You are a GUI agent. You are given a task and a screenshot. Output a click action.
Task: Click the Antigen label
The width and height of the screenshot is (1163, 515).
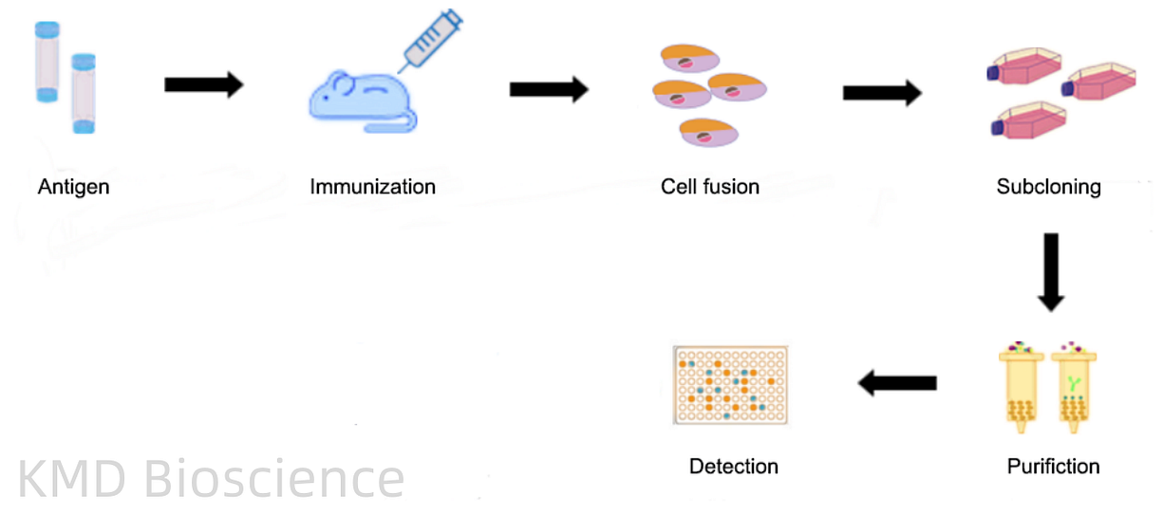[x=73, y=187]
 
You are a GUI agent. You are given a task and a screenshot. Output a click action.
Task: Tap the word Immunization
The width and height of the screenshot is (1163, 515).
[x=372, y=187]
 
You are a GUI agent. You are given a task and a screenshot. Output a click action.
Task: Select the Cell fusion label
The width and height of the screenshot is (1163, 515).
[x=710, y=187]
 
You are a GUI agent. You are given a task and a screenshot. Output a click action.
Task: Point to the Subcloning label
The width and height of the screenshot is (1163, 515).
[x=1048, y=187]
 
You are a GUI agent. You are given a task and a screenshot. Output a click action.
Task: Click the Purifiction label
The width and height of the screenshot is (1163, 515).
[x=1053, y=467]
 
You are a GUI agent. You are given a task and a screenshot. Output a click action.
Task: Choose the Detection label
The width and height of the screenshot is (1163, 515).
[x=733, y=467]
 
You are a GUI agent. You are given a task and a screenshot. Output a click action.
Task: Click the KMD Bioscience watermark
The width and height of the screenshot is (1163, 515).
[x=211, y=479]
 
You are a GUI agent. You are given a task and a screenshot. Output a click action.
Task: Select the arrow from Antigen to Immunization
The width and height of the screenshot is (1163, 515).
[x=203, y=85]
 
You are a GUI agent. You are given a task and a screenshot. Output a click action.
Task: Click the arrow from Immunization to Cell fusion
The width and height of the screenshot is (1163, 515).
[x=549, y=90]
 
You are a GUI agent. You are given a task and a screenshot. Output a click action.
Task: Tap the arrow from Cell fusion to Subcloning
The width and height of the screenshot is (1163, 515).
[x=882, y=93]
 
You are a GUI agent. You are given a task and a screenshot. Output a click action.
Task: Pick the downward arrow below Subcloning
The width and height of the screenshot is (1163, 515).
[x=1050, y=271]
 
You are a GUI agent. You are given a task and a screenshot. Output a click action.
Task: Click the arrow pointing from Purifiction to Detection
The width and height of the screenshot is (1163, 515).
[x=897, y=383]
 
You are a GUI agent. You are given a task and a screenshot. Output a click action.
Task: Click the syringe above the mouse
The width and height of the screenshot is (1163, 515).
[x=430, y=40]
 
